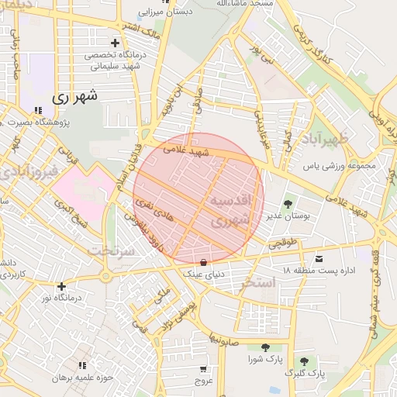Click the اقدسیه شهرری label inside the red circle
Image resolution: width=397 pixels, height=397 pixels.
coord(231,210)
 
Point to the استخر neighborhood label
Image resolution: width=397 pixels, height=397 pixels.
coord(257,282)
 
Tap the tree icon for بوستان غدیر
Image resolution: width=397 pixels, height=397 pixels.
coord(288,204)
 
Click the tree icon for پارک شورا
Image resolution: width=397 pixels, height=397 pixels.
coord(265,347)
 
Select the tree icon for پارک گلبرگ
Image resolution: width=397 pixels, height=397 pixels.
coord(304,361)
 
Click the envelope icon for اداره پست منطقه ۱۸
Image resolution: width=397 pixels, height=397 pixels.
coord(319,258)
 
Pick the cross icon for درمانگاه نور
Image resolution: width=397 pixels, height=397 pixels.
coord(61,286)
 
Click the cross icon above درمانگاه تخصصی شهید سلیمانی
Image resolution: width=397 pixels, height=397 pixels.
coord(116,43)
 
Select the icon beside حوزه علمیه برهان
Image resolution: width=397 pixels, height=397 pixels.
coord(81,365)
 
